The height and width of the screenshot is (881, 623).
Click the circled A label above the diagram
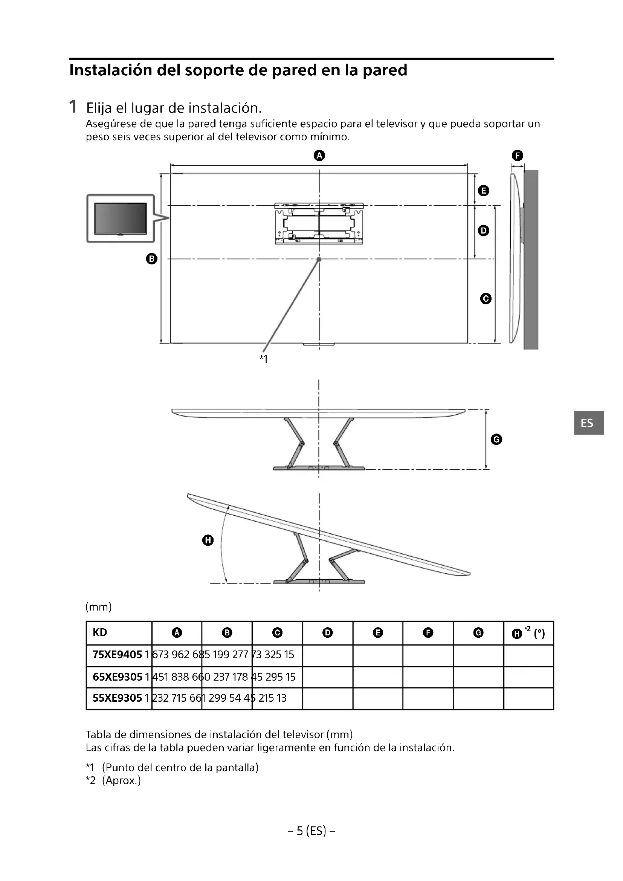pyautogui.click(x=319, y=156)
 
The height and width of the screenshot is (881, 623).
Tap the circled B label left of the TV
pyautogui.click(x=152, y=259)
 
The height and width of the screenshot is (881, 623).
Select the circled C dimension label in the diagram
pyautogui.click(x=486, y=299)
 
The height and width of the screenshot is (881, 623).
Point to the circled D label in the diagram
pyautogui.click(x=483, y=231)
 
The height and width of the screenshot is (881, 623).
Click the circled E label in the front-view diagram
pyautogui.click(x=483, y=191)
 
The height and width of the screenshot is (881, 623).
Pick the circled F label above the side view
pyautogui.click(x=517, y=156)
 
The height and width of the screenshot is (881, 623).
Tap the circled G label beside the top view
pyautogui.click(x=496, y=439)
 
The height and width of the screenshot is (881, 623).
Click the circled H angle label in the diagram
pyautogui.click(x=208, y=540)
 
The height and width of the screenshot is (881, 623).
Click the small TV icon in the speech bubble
pyautogui.click(x=121, y=218)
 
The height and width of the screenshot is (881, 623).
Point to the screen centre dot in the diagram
pyautogui.click(x=319, y=260)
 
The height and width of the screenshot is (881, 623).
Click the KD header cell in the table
pyautogui.click(x=100, y=632)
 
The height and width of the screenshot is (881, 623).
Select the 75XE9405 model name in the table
pyautogui.click(x=118, y=655)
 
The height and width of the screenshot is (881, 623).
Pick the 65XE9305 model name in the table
pyautogui.click(x=118, y=677)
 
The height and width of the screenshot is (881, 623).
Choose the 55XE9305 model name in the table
pyautogui.click(x=118, y=698)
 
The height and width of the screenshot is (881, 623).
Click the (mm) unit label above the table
pyautogui.click(x=99, y=607)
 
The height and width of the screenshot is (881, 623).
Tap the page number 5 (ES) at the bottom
pyautogui.click(x=311, y=831)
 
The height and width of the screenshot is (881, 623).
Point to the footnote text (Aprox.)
pyautogui.click(x=121, y=780)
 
